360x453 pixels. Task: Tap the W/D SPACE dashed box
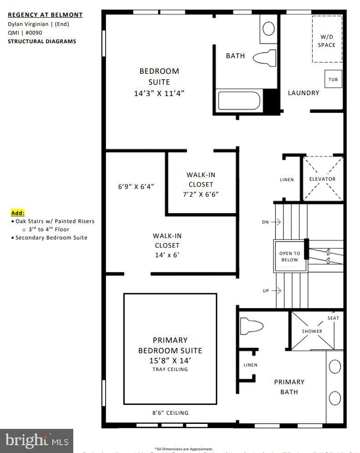327,39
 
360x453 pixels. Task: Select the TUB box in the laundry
333,80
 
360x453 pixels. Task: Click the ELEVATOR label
322,179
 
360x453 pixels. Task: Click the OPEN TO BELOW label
290,257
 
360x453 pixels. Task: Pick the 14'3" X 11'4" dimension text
159,93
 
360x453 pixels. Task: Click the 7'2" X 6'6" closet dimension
201,194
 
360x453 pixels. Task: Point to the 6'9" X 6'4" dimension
136,187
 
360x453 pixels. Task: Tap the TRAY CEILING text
170,369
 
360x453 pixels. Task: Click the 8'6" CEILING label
170,413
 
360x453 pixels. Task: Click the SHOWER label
312,331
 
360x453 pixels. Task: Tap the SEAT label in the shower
333,318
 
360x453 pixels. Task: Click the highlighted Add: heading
18,213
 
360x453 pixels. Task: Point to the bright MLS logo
37,441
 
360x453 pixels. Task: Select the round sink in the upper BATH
269,28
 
